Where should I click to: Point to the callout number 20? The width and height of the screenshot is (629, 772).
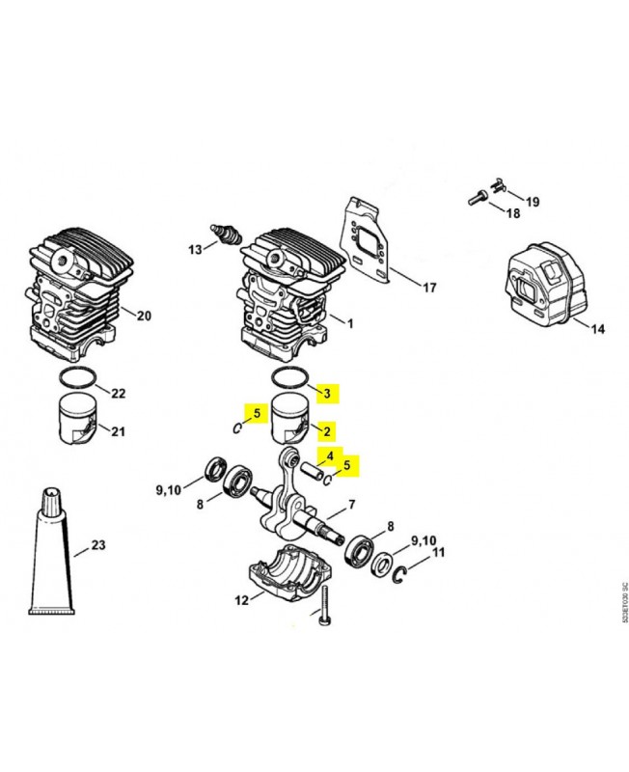coord(144,316)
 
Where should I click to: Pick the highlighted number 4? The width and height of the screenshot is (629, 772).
coord(329,455)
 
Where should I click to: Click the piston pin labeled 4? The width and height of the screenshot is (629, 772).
coord(307,471)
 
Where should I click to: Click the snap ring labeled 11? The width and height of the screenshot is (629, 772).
coord(406,571)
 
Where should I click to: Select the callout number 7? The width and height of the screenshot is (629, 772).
coord(352,504)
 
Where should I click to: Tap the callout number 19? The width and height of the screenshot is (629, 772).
coord(533,202)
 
